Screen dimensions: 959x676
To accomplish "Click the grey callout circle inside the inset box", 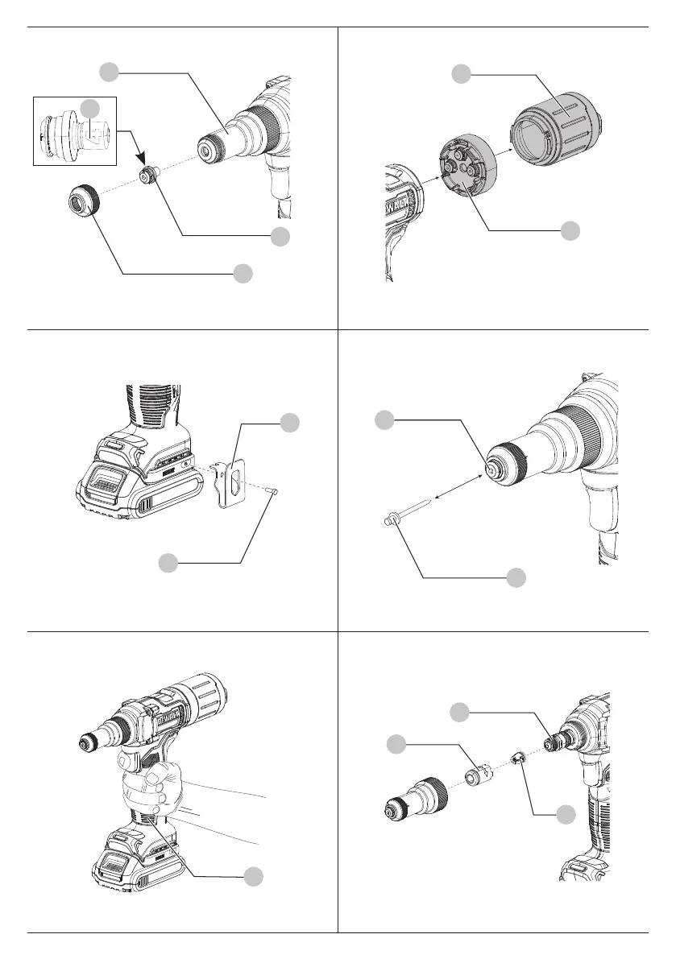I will [92, 107].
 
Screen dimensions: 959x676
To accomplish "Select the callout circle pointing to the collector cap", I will [460, 74].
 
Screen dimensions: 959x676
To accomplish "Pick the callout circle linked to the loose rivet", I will [516, 577].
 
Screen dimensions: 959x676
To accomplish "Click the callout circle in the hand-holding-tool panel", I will [253, 876].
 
